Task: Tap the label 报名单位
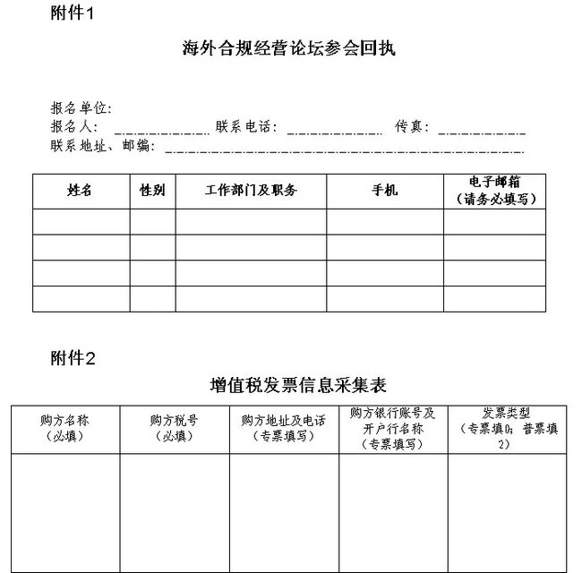tap(81, 108)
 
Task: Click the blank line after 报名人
tap(162, 131)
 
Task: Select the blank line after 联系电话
tap(334, 131)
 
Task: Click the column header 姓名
tap(81, 191)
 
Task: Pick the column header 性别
tap(152, 191)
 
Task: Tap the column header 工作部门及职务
tap(251, 191)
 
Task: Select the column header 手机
tap(384, 191)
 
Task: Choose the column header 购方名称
tap(64, 424)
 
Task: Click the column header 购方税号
tap(174, 424)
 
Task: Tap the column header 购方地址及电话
tap(284, 424)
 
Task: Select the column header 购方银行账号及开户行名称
tap(393, 427)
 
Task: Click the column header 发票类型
tap(507, 427)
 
